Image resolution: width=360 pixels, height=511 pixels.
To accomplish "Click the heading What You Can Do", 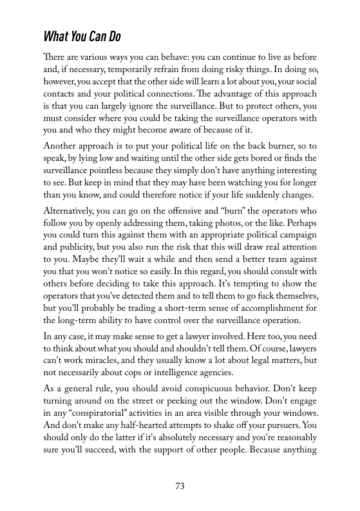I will [x=82, y=34].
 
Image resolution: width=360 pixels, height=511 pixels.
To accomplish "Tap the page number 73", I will [x=180, y=486].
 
